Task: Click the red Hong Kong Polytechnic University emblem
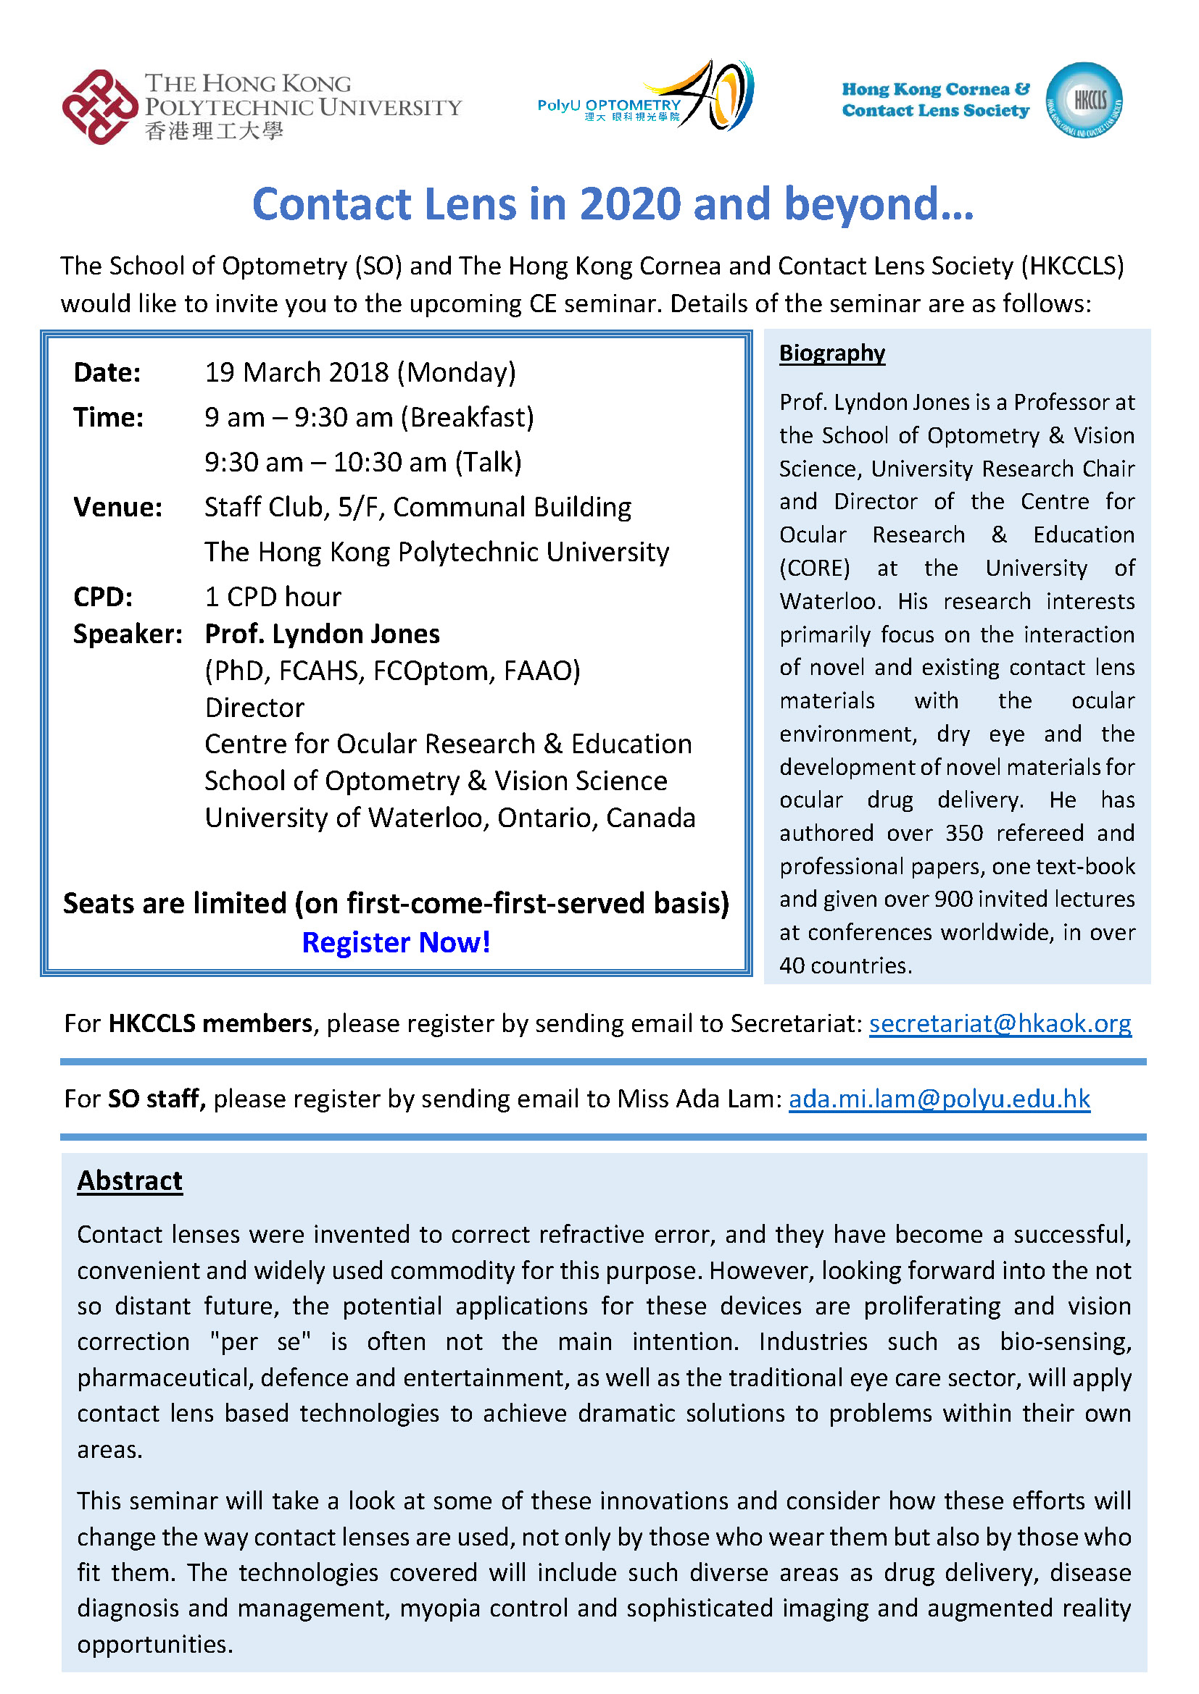click(99, 107)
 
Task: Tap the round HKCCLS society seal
click(1084, 101)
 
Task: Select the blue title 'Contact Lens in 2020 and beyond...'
click(613, 204)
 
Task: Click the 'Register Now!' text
click(396, 942)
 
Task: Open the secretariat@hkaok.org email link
click(1000, 1023)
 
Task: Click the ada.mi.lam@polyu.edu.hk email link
click(939, 1099)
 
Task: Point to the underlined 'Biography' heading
click(832, 353)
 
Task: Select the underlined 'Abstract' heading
click(130, 1181)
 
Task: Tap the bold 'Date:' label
click(107, 372)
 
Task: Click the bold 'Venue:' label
click(117, 508)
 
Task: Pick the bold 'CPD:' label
click(104, 597)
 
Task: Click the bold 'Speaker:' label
click(128, 634)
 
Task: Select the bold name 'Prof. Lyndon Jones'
click(322, 634)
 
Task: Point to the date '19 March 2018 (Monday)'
click(360, 372)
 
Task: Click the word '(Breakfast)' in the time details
click(468, 418)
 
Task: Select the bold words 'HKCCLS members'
click(210, 1023)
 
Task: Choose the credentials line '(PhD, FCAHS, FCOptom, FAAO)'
click(393, 671)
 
